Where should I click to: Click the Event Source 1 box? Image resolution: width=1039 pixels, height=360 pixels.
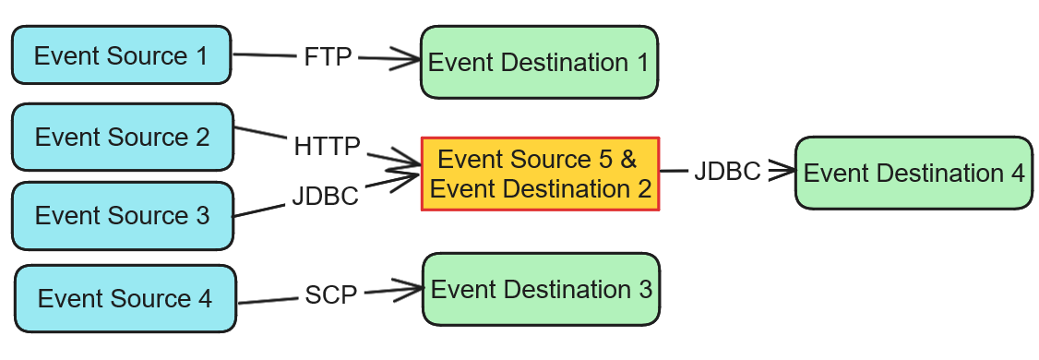[x=121, y=55]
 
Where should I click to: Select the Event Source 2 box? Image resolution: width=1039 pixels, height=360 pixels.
[x=122, y=137]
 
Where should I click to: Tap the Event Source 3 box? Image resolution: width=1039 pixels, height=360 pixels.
[x=122, y=216]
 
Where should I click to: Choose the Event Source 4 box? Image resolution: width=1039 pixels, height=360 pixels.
[x=125, y=299]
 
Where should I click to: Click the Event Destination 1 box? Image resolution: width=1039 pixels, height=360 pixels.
[x=539, y=63]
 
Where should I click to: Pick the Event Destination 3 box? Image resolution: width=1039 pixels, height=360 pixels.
[x=541, y=289]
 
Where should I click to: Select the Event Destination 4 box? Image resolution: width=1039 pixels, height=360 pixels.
[x=914, y=174]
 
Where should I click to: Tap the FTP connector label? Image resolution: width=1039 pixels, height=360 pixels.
[x=328, y=57]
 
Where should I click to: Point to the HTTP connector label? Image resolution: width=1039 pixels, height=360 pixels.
[x=327, y=147]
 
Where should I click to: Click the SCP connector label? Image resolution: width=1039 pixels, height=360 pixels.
[x=330, y=295]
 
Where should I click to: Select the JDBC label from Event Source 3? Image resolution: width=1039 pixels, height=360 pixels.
[x=325, y=197]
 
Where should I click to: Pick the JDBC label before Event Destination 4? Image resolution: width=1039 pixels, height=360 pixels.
[x=727, y=172]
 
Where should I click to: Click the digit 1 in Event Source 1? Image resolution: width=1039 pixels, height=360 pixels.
[x=201, y=55]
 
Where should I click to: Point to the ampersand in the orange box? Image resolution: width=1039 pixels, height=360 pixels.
[x=628, y=159]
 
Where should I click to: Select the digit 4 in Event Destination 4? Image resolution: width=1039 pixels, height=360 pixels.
[x=1017, y=174]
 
